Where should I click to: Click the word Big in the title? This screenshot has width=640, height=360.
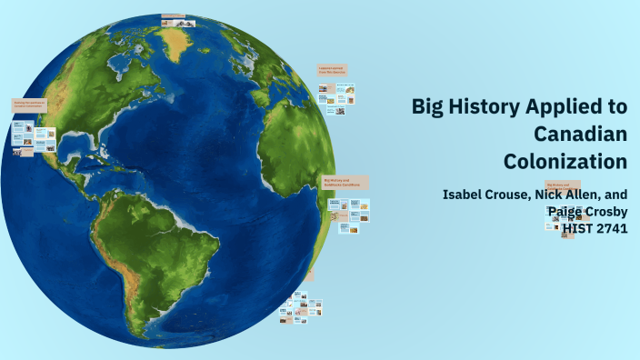[x=428, y=107]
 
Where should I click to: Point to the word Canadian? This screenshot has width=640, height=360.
[x=581, y=135]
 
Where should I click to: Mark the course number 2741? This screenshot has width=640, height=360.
[x=613, y=228]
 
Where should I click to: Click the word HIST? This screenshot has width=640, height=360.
[x=578, y=228]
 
